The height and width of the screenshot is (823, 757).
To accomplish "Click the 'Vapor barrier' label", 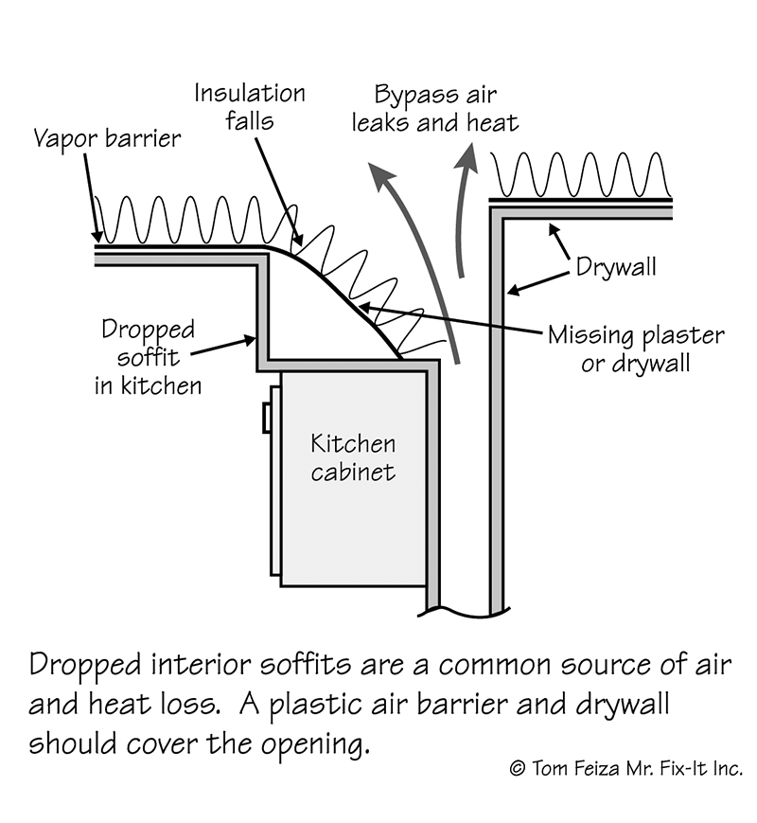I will [107, 138].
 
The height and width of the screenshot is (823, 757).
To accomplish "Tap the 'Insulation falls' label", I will [250, 108].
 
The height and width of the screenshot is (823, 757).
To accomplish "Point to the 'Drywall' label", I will [616, 267].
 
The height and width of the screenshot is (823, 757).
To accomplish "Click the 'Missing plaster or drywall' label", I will [636, 349].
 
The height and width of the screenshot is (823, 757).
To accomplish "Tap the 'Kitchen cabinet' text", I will [353, 456].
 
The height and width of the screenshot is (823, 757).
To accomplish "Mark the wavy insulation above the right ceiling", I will [579, 176].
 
